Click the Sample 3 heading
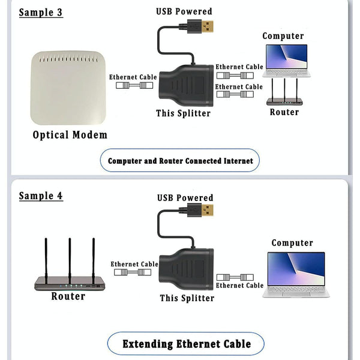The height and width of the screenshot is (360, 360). (41, 13)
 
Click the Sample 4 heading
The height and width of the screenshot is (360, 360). (41, 196)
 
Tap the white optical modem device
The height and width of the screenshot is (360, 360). (68, 88)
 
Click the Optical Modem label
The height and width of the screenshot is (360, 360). (70, 135)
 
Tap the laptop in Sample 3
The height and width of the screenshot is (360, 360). (286, 59)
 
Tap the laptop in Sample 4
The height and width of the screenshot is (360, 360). (296, 273)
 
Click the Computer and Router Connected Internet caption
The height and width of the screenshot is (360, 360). (180, 161)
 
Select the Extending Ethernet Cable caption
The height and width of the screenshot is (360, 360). (186, 344)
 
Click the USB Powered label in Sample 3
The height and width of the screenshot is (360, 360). (184, 11)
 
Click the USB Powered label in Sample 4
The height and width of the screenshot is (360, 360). (185, 197)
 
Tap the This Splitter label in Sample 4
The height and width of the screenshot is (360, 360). (187, 298)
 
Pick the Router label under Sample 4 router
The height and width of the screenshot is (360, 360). (68, 296)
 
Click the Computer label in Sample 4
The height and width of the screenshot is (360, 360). (292, 243)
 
